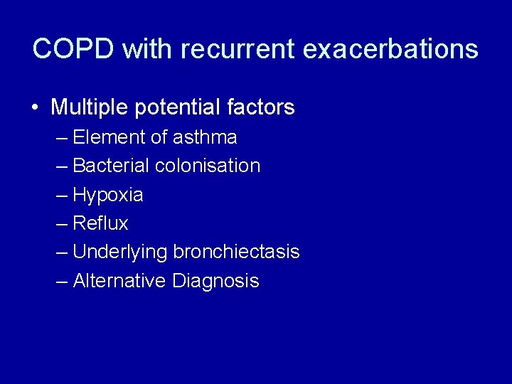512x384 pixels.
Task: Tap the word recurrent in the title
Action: point(238,49)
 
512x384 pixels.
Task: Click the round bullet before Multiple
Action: point(35,107)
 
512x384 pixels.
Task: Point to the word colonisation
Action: point(208,166)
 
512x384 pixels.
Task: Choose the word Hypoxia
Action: point(108,195)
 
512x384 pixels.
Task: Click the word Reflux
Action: point(100,223)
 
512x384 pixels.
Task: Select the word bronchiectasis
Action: point(236,252)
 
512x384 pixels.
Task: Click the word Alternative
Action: point(119,281)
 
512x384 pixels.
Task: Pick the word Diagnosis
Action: point(215,281)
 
